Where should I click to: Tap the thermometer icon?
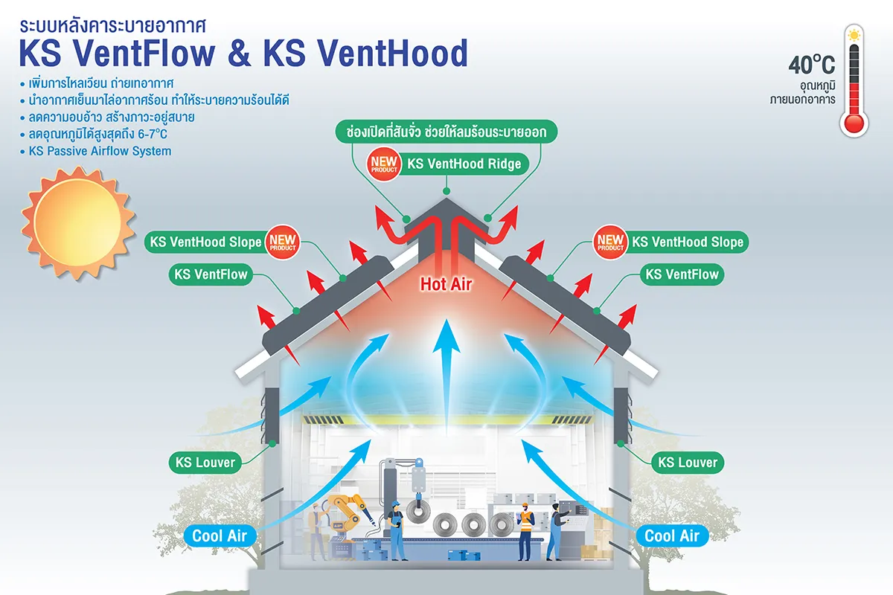pyautogui.click(x=854, y=82)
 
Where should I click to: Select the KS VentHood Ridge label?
pyautogui.click(x=463, y=163)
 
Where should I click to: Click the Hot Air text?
pyautogui.click(x=446, y=283)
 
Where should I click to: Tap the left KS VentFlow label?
pyautogui.click(x=210, y=274)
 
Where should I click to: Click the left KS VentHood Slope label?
pyautogui.click(x=206, y=242)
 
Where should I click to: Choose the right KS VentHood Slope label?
pyautogui.click(x=686, y=242)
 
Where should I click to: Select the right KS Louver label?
pyautogui.click(x=688, y=463)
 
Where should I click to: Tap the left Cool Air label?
pyautogui.click(x=219, y=535)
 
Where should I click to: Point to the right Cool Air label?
pyautogui.click(x=671, y=535)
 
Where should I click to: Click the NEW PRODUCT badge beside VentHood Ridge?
pyautogui.click(x=383, y=164)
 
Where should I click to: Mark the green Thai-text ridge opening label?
pyautogui.click(x=446, y=132)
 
